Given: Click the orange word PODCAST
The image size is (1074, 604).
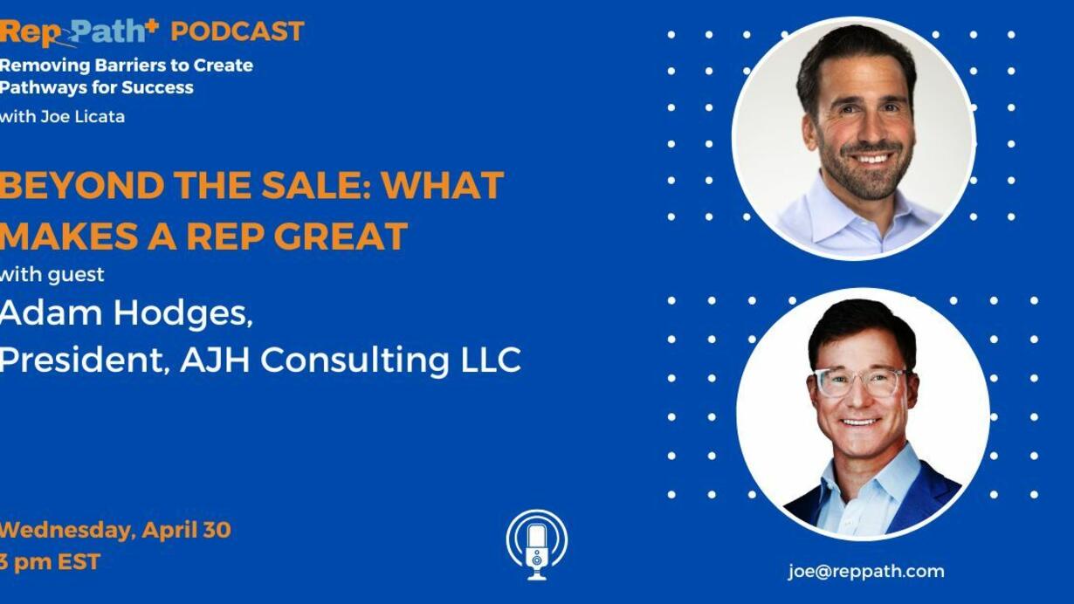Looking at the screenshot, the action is [x=238, y=31].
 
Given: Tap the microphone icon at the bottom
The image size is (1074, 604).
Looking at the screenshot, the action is [x=537, y=545].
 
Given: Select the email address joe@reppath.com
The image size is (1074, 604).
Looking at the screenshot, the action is [x=866, y=571].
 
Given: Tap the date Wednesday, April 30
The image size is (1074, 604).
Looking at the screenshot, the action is [x=115, y=530].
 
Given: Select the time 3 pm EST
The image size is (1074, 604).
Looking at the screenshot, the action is [x=50, y=562].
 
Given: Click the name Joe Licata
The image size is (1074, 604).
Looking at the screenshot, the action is [x=82, y=116].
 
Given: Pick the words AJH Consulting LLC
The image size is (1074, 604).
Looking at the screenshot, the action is [x=351, y=360].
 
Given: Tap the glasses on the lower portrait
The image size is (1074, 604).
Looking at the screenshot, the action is [x=861, y=382].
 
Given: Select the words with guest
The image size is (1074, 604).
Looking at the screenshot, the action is [x=52, y=275].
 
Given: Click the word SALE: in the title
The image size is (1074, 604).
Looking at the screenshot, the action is [x=316, y=185].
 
